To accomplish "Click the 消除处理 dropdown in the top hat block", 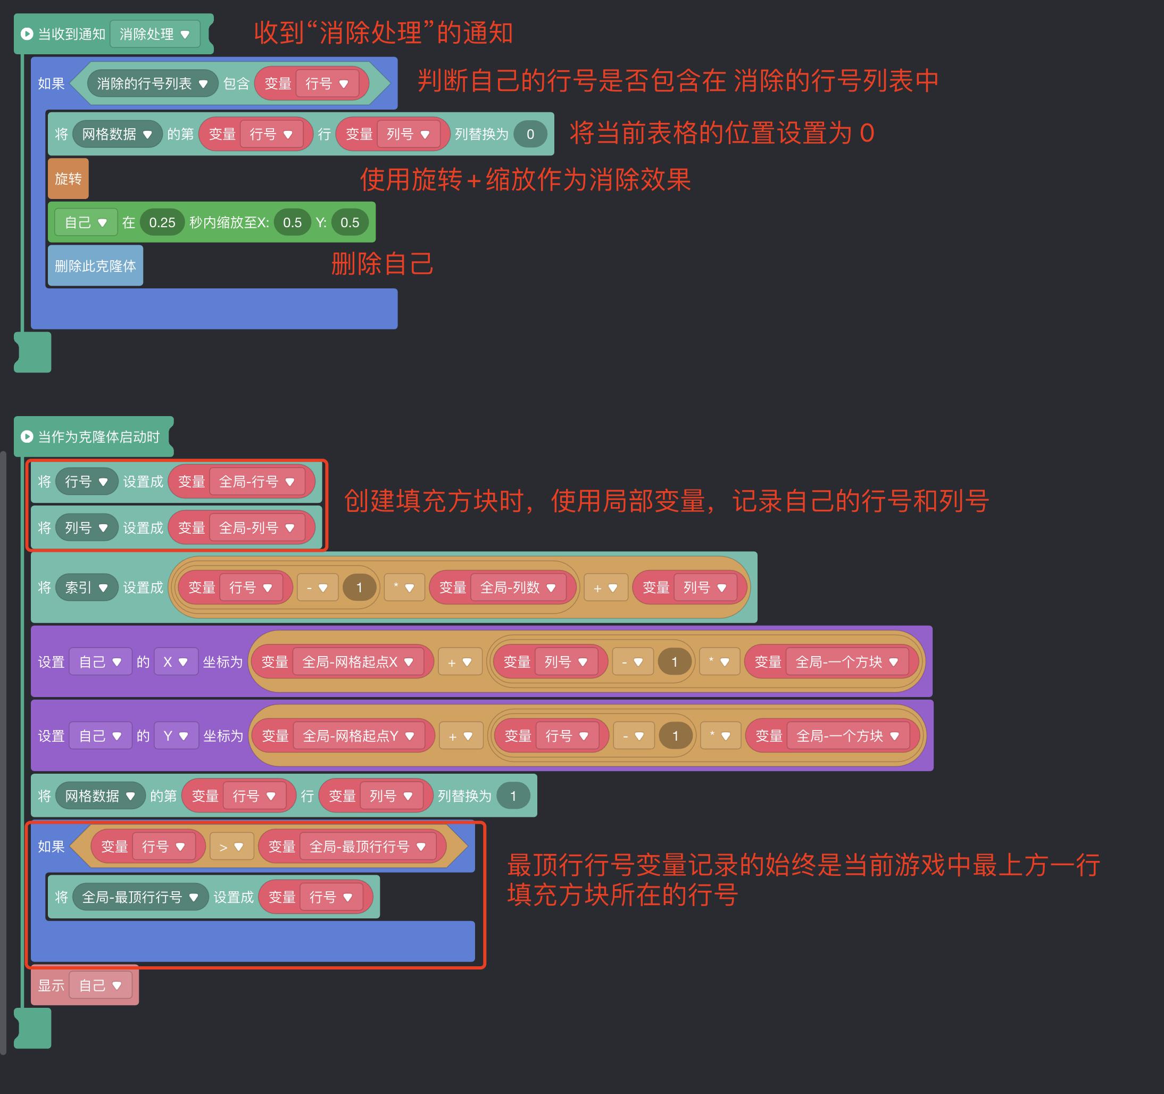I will coord(155,34).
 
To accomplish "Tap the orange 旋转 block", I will coord(68,179).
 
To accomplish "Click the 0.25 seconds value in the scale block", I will coord(162,222).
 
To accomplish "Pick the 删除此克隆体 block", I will coord(95,266).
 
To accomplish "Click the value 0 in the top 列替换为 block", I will coord(530,134).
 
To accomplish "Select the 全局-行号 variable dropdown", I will coord(256,482).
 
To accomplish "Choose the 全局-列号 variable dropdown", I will coord(256,528).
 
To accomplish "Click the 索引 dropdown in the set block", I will coord(86,587).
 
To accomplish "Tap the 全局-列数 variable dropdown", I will coord(517,587).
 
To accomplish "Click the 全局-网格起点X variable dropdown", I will coord(357,662).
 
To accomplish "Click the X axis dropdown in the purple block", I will coord(175,662).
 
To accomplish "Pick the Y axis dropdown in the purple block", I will coord(176,735).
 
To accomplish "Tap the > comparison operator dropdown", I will coord(231,846).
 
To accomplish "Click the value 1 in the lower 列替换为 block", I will coord(513,796).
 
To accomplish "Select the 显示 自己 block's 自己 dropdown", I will coord(100,985).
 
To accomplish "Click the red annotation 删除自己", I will coord(382,263).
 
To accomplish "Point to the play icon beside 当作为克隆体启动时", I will coord(27,436).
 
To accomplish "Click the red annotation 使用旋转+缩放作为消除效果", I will coord(525,179).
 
